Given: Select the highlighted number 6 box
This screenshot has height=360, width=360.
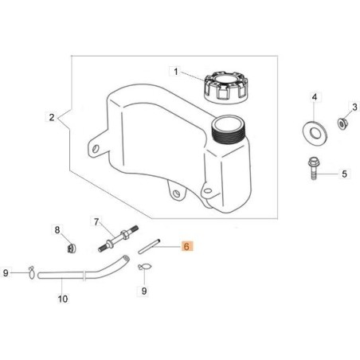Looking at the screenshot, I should pyautogui.click(x=186, y=248).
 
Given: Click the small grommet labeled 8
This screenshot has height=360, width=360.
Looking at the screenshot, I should pyautogui.click(x=70, y=247).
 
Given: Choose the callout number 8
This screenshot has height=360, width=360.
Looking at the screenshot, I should pyautogui.click(x=57, y=230).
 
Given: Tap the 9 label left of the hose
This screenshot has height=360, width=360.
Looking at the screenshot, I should pyautogui.click(x=6, y=273).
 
